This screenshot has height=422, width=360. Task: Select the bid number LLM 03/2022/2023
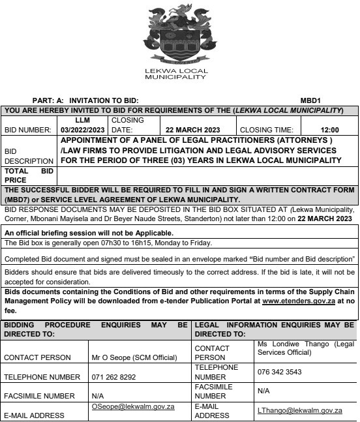click(82, 125)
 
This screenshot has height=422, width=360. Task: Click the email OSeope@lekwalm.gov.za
click(132, 406)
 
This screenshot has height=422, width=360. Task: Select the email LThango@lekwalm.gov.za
click(299, 410)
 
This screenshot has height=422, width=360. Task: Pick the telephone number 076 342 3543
click(280, 371)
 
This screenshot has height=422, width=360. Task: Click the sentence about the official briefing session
click(89, 232)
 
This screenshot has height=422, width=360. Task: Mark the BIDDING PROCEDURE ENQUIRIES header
click(96, 328)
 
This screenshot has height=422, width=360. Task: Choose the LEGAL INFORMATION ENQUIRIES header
click(274, 328)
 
